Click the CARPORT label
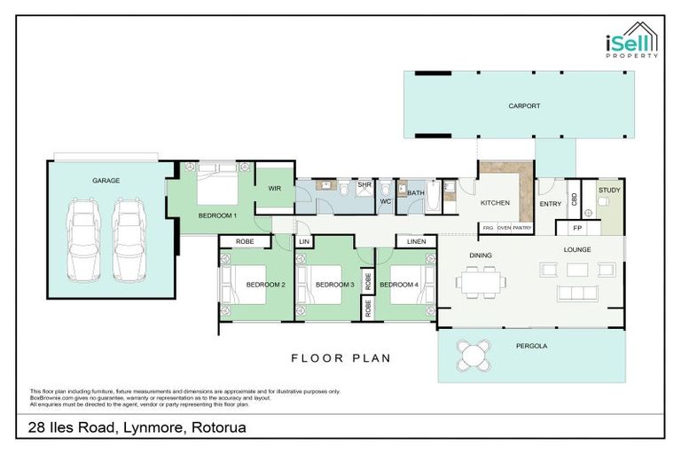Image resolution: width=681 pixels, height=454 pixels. click(524, 106)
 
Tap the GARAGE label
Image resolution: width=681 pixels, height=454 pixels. click(106, 180)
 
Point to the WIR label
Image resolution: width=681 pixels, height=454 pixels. click(274, 188)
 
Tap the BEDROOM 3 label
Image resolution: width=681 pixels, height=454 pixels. click(337, 285)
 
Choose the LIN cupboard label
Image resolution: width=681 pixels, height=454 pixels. click(303, 241)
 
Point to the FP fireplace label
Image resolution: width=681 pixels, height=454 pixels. click(565, 228)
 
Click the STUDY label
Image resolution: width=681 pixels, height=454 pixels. click(609, 190)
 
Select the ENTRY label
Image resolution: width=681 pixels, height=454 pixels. click(551, 204)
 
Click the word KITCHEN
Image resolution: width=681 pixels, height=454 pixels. click(495, 203)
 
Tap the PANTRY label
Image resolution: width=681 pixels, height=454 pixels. click(521, 228)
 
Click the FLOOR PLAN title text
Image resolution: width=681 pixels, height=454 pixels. click(340, 358)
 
